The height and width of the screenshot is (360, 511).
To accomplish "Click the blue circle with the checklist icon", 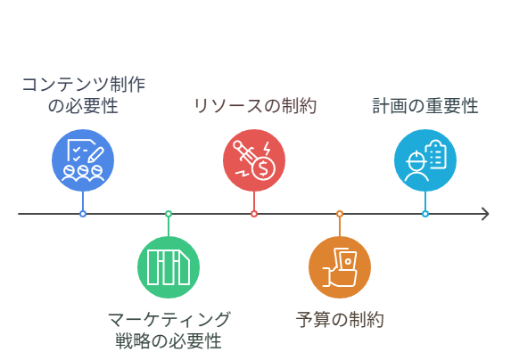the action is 83,160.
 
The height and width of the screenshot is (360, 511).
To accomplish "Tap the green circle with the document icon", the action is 169,267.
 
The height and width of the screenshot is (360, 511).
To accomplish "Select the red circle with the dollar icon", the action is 254,160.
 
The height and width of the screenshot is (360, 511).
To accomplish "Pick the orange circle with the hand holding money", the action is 340,267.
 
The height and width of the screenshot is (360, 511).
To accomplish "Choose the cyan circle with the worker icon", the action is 425,160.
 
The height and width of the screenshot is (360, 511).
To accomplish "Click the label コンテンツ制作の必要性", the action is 83,95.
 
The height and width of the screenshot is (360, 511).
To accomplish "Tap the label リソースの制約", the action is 255,106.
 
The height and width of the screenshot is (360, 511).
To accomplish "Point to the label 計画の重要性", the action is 425,106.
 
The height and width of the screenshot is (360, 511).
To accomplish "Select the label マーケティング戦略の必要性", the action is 169,331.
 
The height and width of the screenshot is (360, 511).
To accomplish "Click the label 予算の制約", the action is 340,320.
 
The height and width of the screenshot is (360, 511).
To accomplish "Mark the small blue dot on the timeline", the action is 83,214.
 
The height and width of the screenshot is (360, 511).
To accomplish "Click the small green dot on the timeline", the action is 169,214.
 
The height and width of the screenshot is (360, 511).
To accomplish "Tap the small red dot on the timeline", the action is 254,214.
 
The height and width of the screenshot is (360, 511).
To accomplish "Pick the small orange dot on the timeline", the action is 340,214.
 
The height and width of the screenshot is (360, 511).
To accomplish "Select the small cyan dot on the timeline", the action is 425,214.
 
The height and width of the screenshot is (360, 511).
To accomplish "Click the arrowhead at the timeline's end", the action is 488,214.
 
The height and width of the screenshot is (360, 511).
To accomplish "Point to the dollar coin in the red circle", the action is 263,168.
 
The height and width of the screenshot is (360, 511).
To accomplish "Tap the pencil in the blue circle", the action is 95,155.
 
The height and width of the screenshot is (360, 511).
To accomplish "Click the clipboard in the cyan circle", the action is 436,154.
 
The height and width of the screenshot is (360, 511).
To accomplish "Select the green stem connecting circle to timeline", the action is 169,226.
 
